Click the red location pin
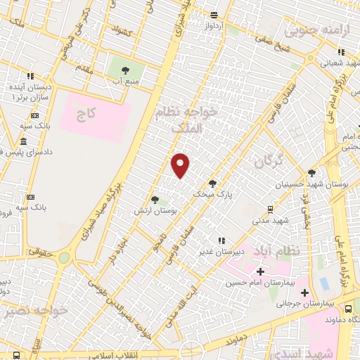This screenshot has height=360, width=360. [181, 165]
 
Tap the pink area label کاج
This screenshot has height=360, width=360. [87, 112]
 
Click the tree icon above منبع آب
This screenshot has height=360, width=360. [125, 70]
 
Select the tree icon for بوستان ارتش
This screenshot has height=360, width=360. [155, 200]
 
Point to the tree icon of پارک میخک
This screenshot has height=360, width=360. [212, 183]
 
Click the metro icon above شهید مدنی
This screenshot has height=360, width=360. [271, 209]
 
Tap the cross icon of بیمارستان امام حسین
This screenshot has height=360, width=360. [260, 271]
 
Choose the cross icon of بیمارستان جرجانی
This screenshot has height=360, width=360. [304, 292]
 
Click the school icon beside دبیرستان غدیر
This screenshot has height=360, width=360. [221, 240]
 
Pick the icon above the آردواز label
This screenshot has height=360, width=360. [214, 15]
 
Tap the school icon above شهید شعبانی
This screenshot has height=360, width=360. [341, 51]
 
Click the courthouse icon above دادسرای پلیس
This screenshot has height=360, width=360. [24, 143]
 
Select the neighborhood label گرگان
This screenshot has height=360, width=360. [268, 162]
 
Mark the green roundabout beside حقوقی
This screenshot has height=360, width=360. [64, 257]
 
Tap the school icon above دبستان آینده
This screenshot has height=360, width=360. [30, 76]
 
